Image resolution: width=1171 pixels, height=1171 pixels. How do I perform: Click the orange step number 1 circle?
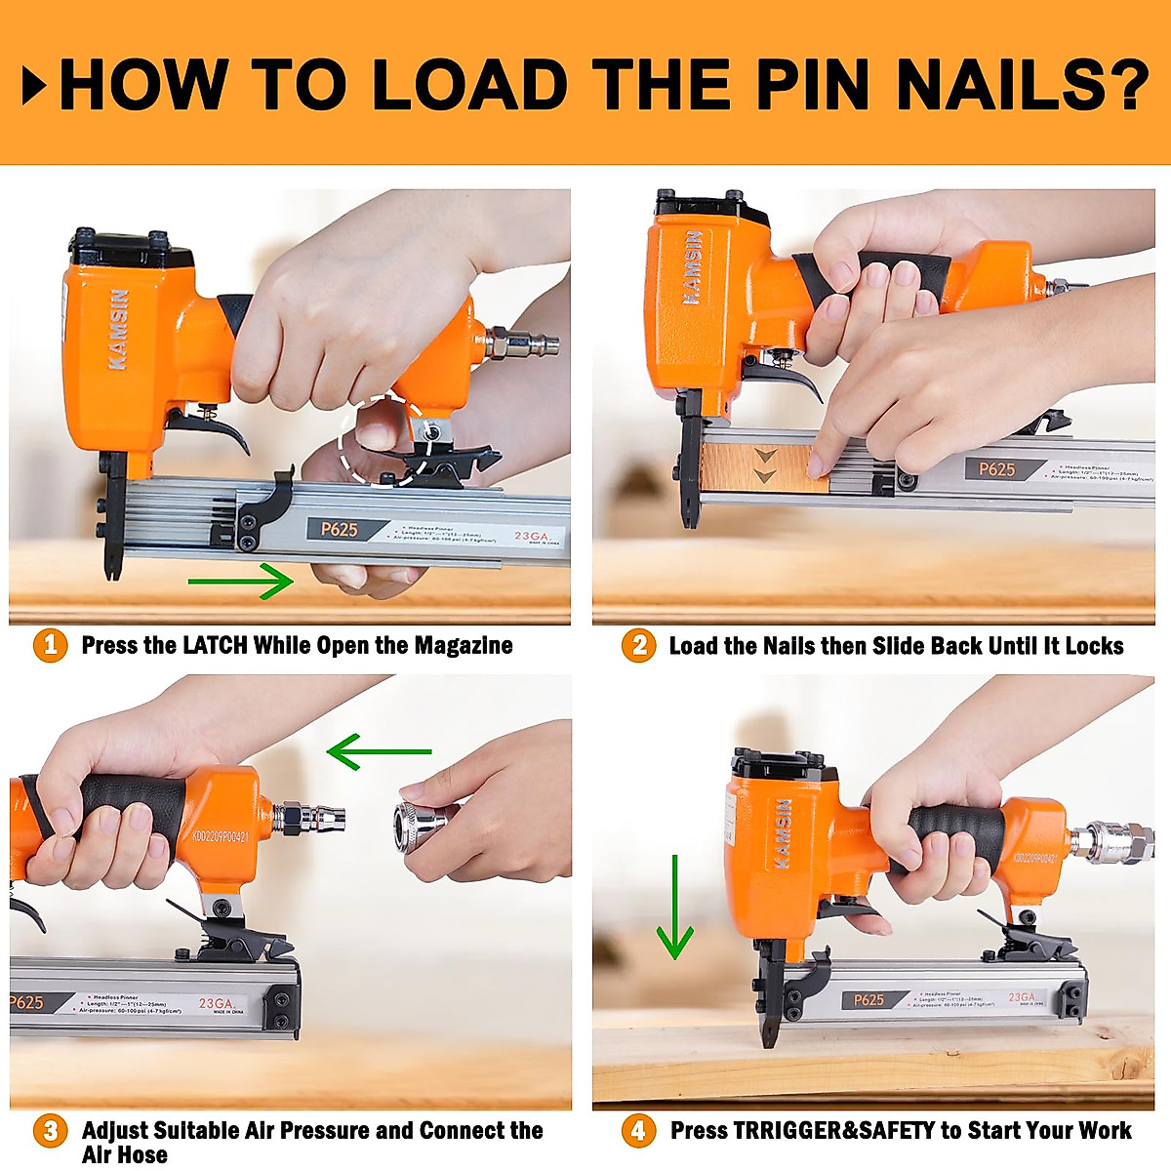pos(50,646)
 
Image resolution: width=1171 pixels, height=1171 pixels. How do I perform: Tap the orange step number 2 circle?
pos(638,646)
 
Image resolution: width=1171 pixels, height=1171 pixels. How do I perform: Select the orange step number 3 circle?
pos(50,1131)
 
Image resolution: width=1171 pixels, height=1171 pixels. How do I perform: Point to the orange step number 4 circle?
pos(638,1131)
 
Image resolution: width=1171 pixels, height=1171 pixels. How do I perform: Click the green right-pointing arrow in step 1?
pos(240,583)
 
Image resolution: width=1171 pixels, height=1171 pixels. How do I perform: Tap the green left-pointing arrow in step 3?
pos(379,751)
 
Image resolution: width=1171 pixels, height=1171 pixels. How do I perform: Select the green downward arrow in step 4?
pos(674,908)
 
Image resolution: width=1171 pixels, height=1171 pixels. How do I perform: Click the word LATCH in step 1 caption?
pos(215,646)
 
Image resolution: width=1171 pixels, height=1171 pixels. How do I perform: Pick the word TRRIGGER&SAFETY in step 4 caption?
pos(833,1131)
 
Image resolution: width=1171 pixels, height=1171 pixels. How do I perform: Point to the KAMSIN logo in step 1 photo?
pos(118,330)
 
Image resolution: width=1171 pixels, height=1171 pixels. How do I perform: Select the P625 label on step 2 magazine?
pos(996,469)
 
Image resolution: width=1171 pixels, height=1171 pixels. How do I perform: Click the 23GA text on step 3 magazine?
pos(216,1003)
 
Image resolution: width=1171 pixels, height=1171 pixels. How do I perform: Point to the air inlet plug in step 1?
pos(527,343)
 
